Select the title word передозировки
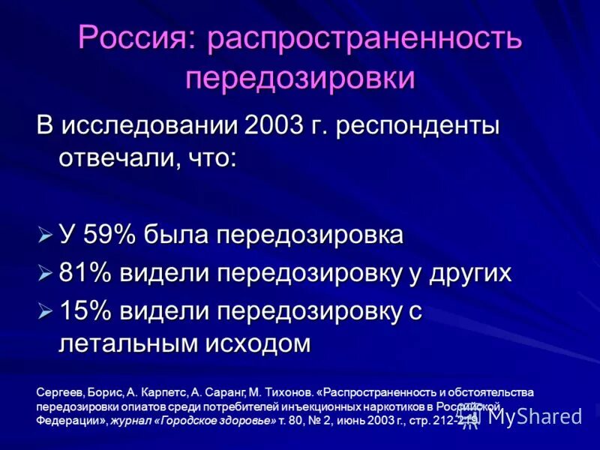[300, 77]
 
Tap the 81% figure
[85, 273]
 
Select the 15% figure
[85, 311]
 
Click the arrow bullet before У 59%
[45, 235]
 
